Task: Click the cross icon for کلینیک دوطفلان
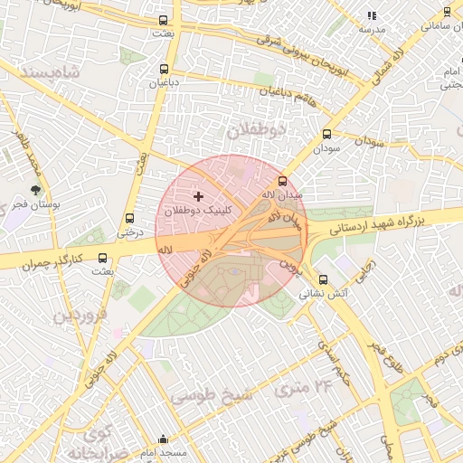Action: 198,196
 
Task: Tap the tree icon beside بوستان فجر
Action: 35,191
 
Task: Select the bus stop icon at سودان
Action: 326,134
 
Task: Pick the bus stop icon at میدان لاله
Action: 282,181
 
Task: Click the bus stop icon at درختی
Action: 129,218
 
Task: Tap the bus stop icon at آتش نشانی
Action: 324,279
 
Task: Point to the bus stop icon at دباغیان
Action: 164,69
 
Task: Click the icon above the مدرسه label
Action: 372,15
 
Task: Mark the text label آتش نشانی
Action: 323,293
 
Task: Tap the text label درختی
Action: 129,231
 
